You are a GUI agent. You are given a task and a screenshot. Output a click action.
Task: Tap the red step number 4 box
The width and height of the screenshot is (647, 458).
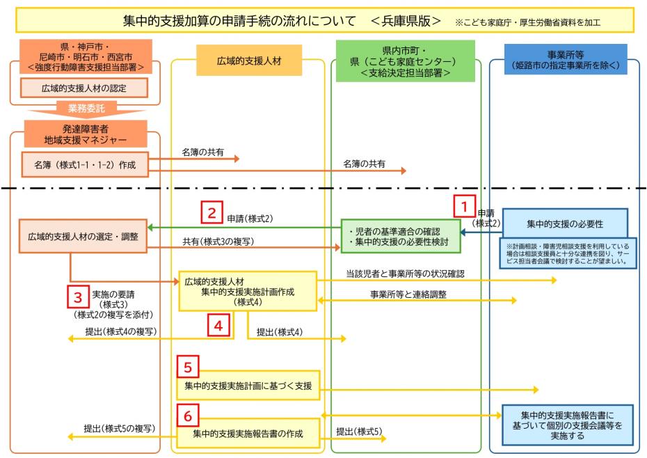(x=218, y=324)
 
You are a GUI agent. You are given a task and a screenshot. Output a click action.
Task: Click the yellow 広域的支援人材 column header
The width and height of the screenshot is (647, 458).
(x=248, y=61)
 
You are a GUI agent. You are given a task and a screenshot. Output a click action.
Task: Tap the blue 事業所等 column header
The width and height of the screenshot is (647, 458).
(x=566, y=61)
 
